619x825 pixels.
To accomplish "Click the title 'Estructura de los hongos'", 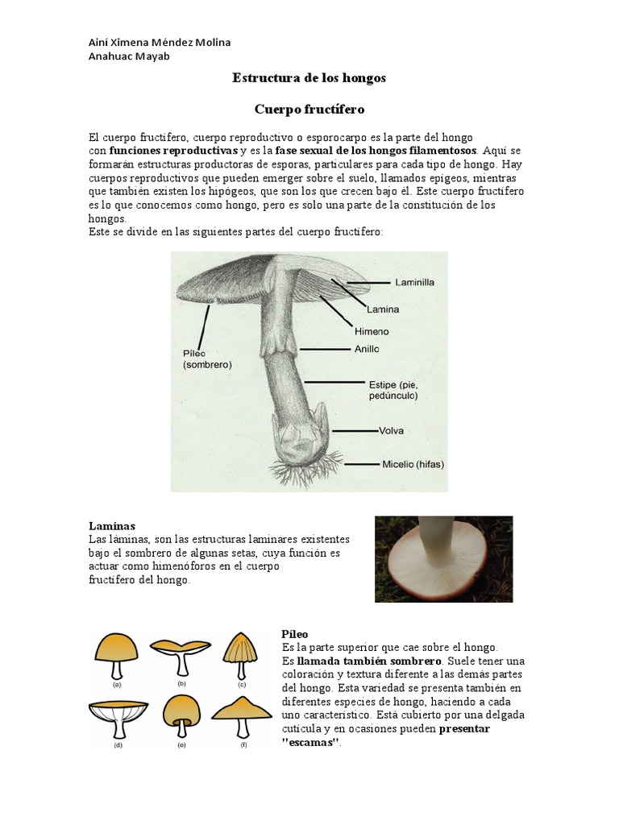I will coord(309,78).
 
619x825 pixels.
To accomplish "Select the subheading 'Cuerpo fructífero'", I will coord(309,108).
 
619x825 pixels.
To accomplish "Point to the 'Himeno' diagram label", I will coord(372,330).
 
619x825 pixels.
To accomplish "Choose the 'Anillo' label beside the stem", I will coord(367,349).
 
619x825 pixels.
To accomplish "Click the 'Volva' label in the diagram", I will coord(391,430).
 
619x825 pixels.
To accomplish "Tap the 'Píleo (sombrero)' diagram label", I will coord(207,359).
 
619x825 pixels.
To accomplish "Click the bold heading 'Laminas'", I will coord(112,525).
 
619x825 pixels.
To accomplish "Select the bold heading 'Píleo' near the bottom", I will coord(295,635).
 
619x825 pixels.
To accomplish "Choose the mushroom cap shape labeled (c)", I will coord(241,649).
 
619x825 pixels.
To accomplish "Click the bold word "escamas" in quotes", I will coord(309,742).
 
